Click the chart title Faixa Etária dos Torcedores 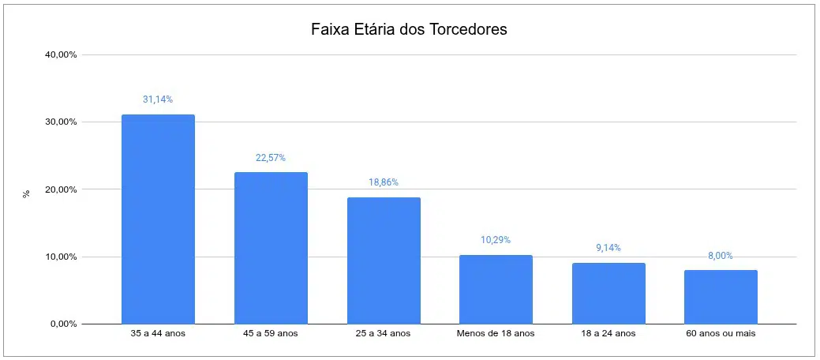tap(408, 30)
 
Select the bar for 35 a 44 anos tap(158, 219)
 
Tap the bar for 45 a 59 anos tap(271, 248)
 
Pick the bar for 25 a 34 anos tap(384, 261)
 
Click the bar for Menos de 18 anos tap(496, 289)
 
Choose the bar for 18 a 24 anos tap(608, 293)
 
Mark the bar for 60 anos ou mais tap(721, 297)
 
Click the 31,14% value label tap(158, 99)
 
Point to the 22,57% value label tap(271, 158)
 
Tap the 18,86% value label tap(384, 182)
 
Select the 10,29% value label tap(496, 240)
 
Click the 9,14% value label tap(608, 248)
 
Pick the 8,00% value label tap(721, 256)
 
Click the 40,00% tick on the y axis tap(61, 55)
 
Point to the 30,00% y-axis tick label tap(61, 122)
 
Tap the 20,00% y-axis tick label tap(61, 189)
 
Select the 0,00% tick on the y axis tap(63, 324)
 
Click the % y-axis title tap(26, 193)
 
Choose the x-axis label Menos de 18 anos tap(496, 334)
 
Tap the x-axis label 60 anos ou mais tap(721, 334)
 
